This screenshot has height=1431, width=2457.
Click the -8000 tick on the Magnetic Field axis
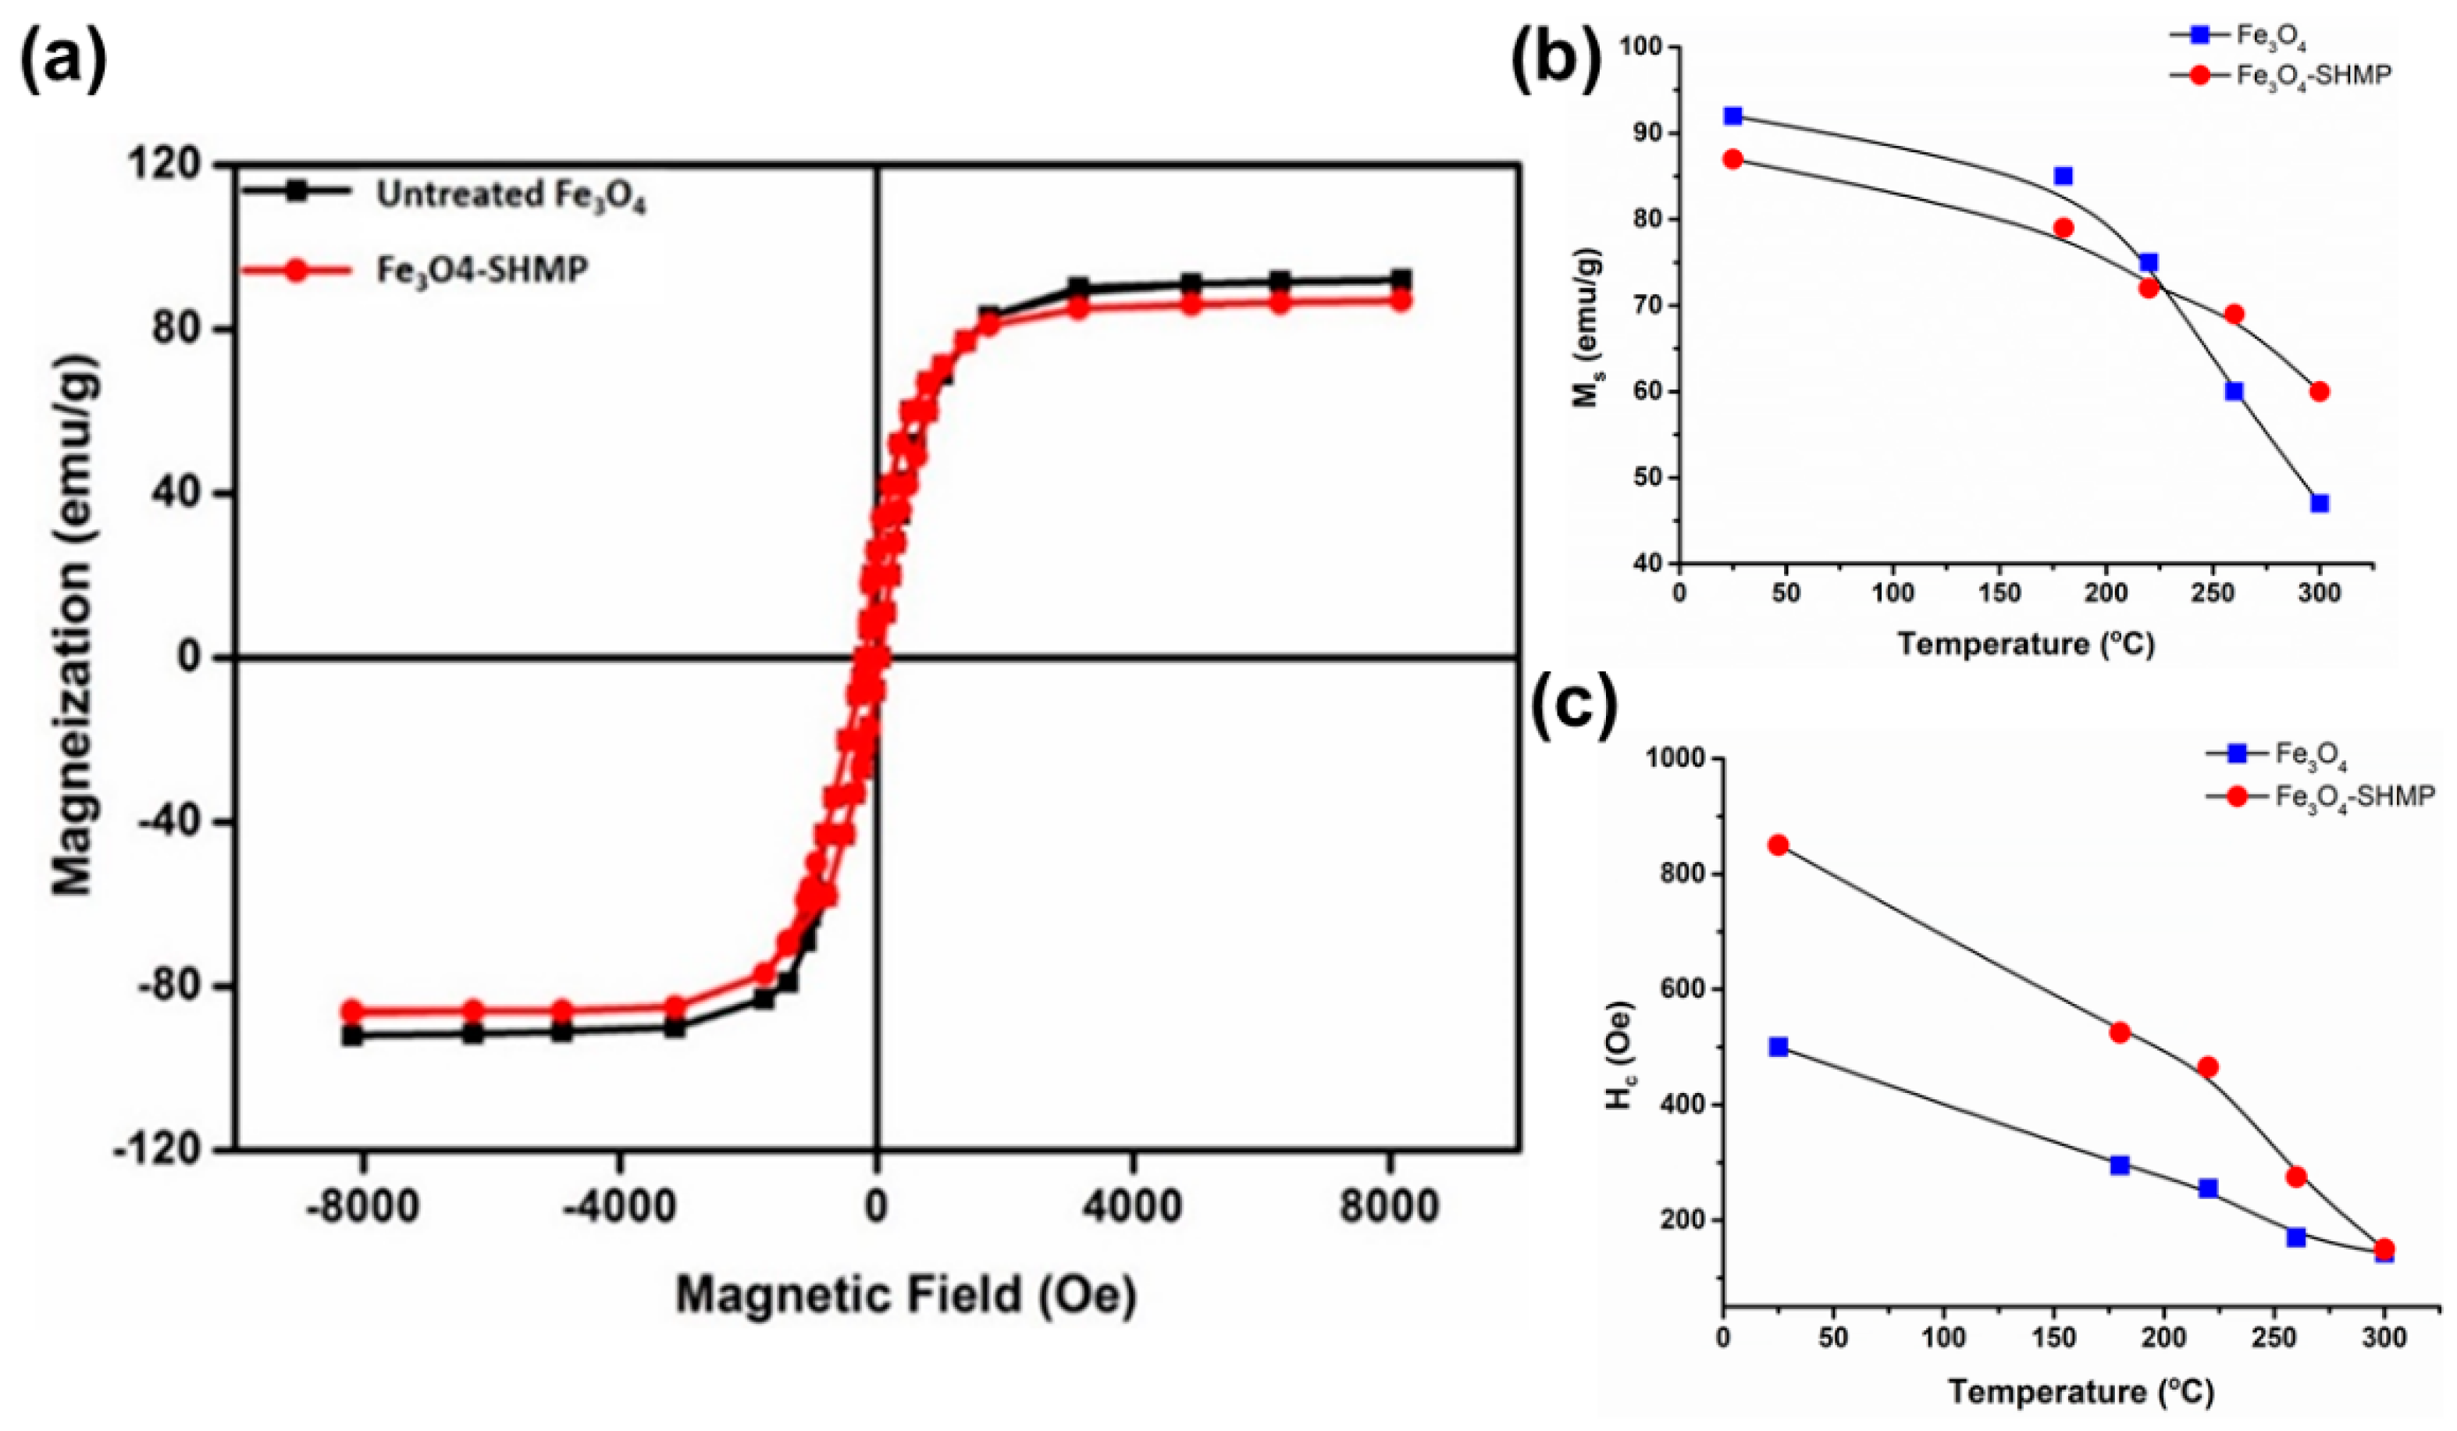[363, 1207]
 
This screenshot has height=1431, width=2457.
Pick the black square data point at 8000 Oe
[1400, 279]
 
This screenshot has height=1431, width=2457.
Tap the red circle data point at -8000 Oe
[352, 1011]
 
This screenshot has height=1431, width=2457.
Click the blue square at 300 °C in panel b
[2320, 503]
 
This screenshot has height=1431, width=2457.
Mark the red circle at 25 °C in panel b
[1732, 159]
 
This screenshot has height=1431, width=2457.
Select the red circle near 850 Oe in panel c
[1779, 845]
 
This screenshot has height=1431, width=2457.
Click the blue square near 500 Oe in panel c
[1779, 1047]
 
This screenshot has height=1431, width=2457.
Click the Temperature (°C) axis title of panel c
[2081, 1390]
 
